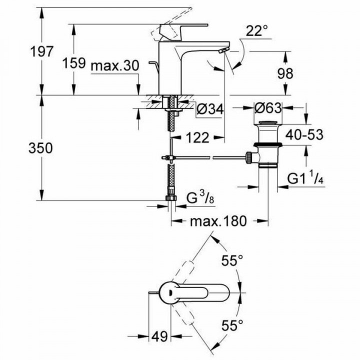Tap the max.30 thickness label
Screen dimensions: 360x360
point(114,66)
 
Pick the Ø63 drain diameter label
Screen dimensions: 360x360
point(267,108)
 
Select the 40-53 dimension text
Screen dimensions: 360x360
point(304,135)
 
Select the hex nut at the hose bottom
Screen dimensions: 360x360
point(171,200)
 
